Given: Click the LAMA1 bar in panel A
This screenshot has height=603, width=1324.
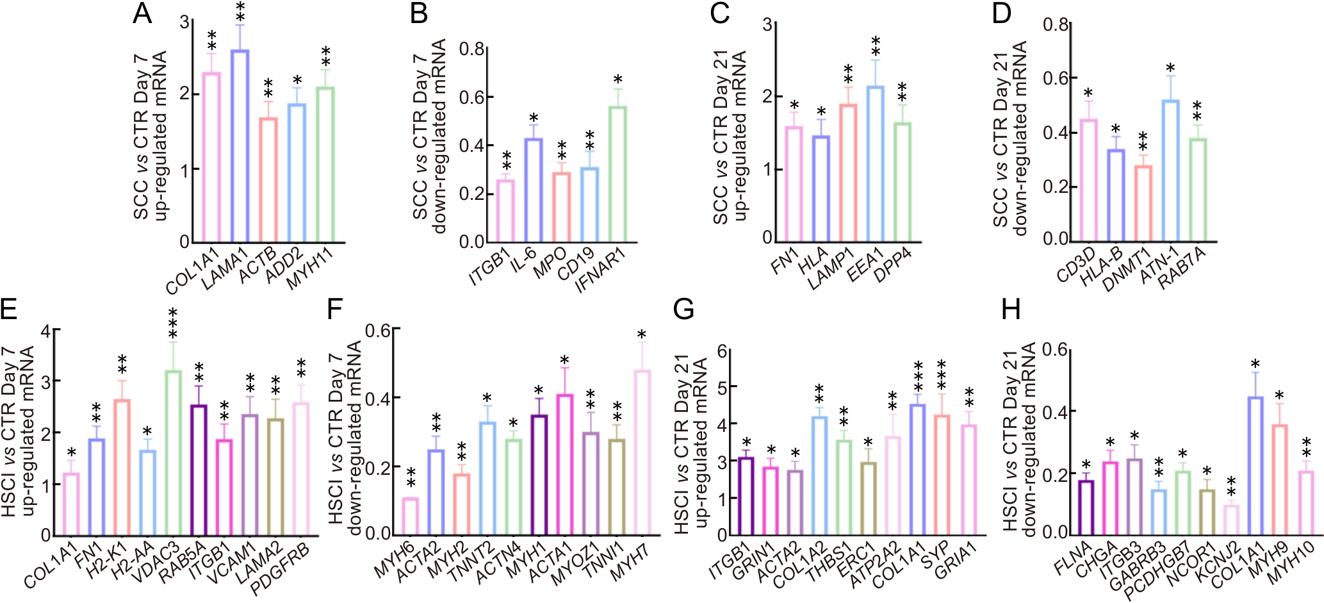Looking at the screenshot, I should [x=240, y=146].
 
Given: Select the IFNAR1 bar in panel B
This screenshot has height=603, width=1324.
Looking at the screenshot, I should [x=617, y=174].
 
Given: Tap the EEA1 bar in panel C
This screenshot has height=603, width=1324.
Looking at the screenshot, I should [x=874, y=164].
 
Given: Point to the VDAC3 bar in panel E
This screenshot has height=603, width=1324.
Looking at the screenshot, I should [x=173, y=452].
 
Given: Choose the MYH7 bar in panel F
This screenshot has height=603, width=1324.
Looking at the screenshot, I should [x=642, y=452].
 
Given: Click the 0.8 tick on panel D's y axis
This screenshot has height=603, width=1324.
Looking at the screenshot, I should [x=1055, y=24].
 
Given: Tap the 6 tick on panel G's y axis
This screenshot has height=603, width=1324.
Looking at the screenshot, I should [x=723, y=351].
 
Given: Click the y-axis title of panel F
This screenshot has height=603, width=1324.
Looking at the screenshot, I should [x=345, y=433].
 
